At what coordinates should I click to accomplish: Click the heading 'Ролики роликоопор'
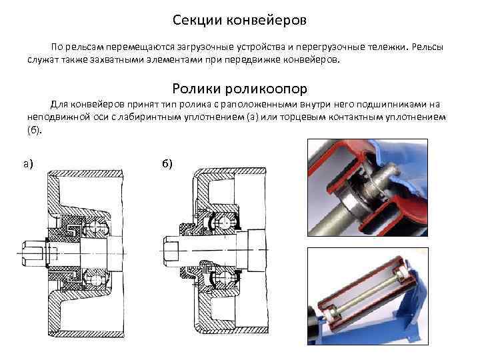point(239,89)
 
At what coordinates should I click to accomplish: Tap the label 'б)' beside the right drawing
point(167,163)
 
